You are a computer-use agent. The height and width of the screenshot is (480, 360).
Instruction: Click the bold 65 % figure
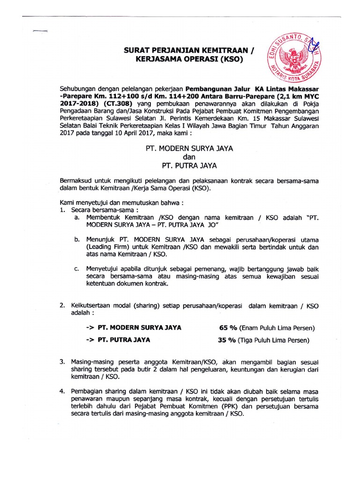click(227, 327)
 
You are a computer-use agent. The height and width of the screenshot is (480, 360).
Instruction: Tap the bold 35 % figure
click(227, 340)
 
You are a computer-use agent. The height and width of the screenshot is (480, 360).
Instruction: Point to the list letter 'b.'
click(77, 240)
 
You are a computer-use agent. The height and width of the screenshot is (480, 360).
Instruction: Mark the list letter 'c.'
click(77, 269)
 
